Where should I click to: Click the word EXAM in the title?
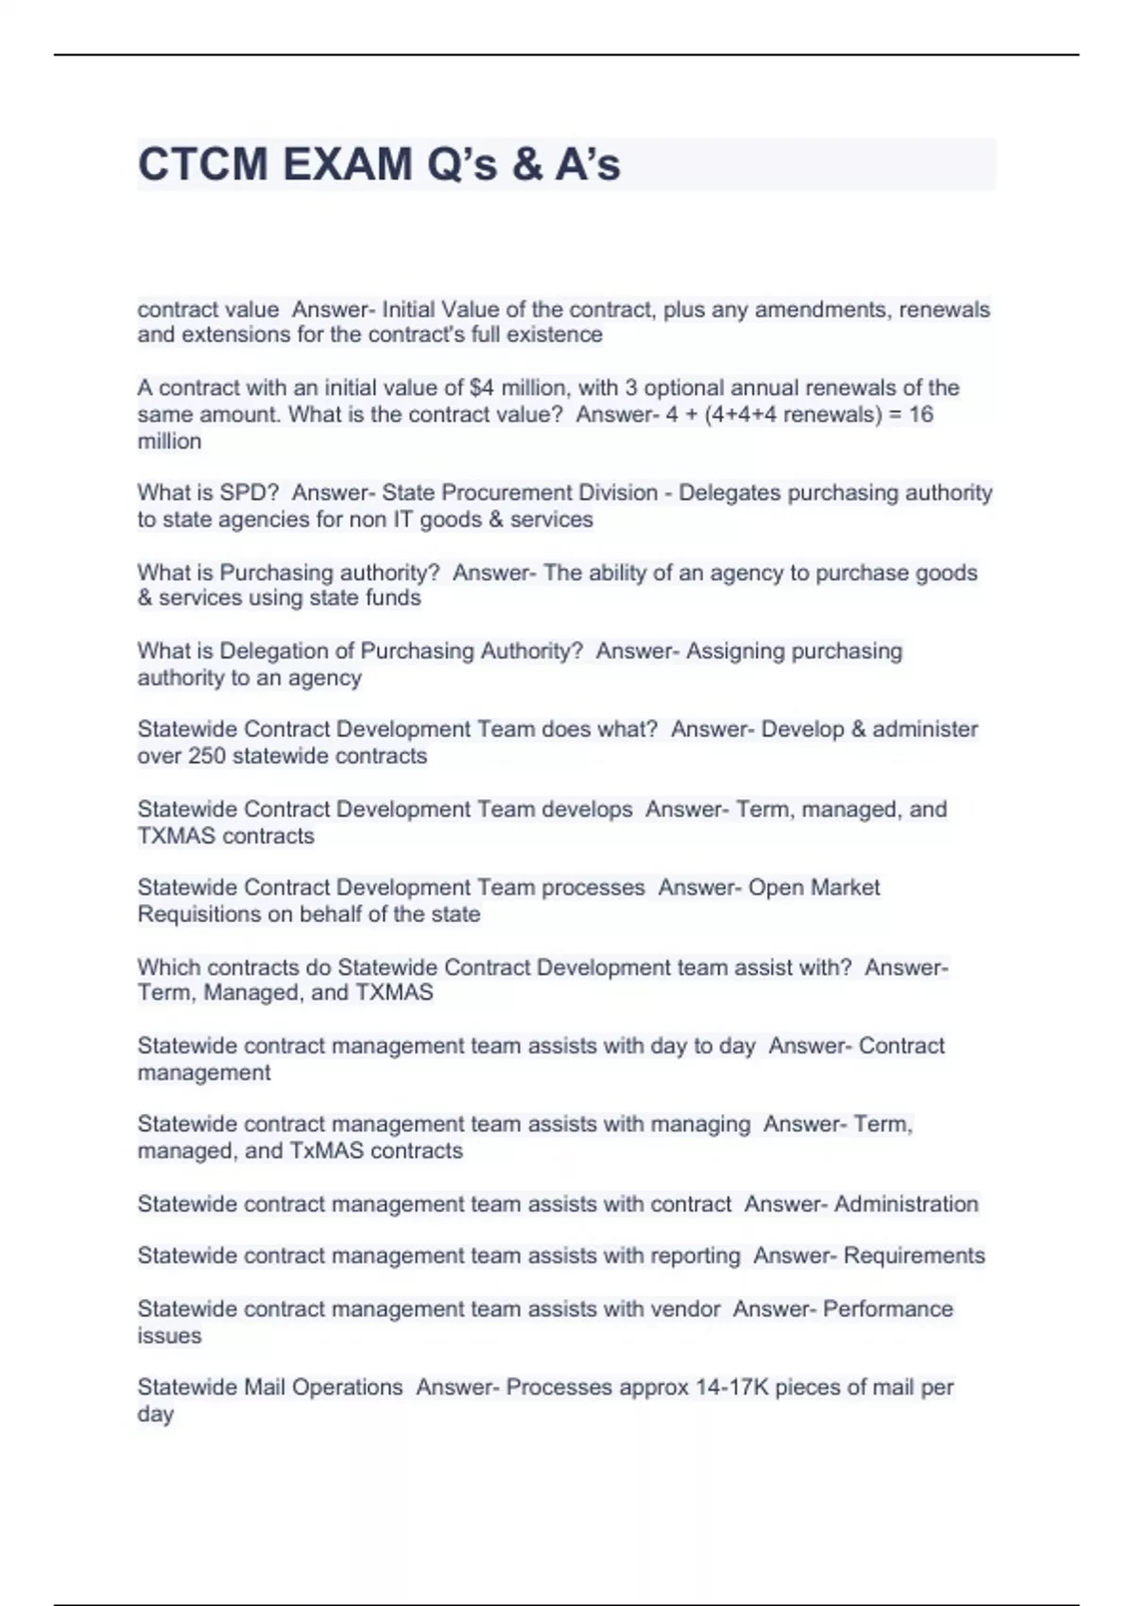pyautogui.click(x=348, y=164)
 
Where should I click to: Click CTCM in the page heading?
pyautogui.click(x=202, y=164)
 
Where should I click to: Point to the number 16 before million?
pyautogui.click(x=920, y=415)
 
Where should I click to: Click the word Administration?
pyautogui.click(x=906, y=1204)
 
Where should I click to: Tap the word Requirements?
pyautogui.click(x=914, y=1256)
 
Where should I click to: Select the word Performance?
pyautogui.click(x=887, y=1309)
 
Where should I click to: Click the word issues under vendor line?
pyautogui.click(x=169, y=1336)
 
